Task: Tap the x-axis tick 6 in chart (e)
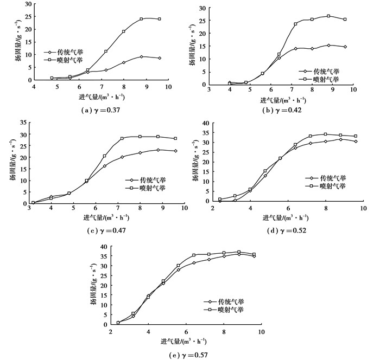[x=186, y=331]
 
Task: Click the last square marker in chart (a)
[x=159, y=19]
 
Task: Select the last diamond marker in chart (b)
[x=345, y=47]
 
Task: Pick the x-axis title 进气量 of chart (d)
[x=285, y=217]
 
